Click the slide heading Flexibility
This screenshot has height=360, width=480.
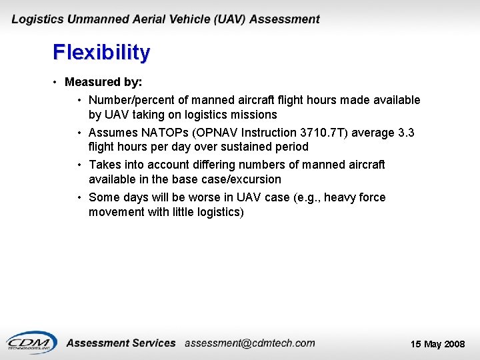[101, 53]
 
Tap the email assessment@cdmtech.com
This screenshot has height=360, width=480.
[249, 343]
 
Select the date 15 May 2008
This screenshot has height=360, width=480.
[437, 344]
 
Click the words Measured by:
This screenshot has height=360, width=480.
[103, 82]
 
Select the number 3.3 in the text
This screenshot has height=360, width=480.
[405, 133]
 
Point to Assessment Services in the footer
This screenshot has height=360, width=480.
[121, 343]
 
